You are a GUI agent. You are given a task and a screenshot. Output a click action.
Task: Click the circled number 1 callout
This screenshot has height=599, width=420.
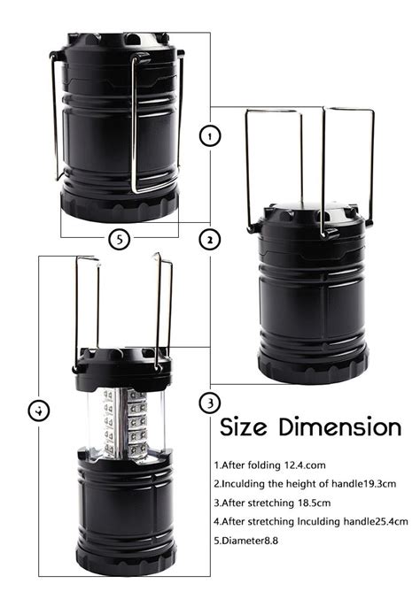pyautogui.click(x=210, y=136)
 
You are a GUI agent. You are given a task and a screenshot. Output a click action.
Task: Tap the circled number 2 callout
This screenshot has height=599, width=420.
pyautogui.click(x=210, y=240)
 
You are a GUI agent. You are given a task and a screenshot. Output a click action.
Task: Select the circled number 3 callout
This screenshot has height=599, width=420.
pyautogui.click(x=209, y=403)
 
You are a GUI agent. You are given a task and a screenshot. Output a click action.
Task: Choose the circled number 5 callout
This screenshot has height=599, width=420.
pyautogui.click(x=120, y=238)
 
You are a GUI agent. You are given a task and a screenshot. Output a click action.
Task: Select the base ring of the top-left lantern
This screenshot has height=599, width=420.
pyautogui.click(x=119, y=206)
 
